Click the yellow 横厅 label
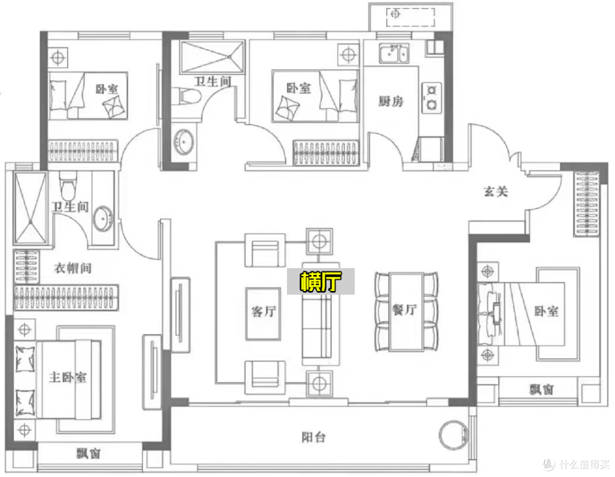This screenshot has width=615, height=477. coord(321,281)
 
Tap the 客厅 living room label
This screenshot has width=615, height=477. coord(264,311)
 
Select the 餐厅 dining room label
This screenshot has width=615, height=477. coord(405,310)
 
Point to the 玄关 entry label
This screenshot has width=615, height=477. coord(496,192)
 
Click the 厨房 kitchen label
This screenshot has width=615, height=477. coord(391,101)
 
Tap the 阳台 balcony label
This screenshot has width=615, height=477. coord(313,437)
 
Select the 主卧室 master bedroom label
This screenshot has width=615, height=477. coord(67,377)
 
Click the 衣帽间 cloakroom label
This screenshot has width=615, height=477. coord(72,268)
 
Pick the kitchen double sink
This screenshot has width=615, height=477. coord(394,53)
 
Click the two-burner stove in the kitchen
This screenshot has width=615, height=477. coord(432,97)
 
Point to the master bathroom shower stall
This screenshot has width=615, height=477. coord(30,208)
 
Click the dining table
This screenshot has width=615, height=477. coord(407,312)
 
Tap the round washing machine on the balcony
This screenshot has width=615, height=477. coord(453,435)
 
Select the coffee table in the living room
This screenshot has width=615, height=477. coord(263,314)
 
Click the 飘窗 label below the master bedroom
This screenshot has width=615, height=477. coord(89,454)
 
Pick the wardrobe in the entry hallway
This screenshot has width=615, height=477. coord(587,204)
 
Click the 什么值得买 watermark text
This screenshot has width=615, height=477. coord(584,465)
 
